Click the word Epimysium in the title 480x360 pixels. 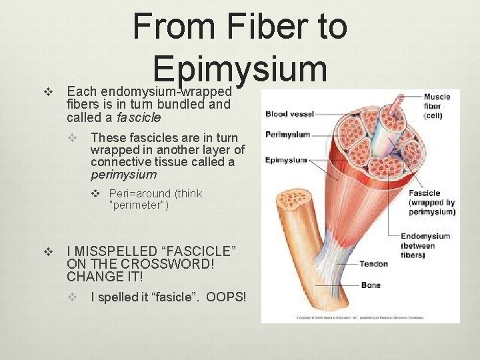[x=240, y=68]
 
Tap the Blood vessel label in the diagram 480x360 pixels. [x=290, y=114]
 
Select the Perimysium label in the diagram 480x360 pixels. [x=288, y=135]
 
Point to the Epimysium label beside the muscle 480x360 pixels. [x=286, y=160]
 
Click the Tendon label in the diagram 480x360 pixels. [x=373, y=264]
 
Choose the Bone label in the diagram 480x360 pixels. [x=371, y=285]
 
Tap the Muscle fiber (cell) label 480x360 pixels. [x=437, y=106]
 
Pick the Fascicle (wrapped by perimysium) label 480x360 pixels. [x=432, y=203]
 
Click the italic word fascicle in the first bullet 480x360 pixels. [x=139, y=117]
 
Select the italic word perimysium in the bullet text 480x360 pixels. [x=123, y=175]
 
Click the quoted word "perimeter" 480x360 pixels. [x=139, y=205]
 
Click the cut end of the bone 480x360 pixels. [x=291, y=203]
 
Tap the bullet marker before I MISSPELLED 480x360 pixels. [x=47, y=251]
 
